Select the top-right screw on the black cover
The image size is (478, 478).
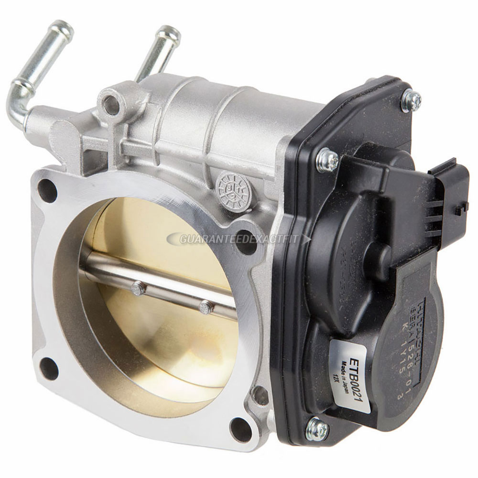pyautogui.click(x=411, y=100)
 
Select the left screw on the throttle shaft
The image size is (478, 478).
pyautogui.click(x=138, y=288)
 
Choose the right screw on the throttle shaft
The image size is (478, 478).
pyautogui.click(x=206, y=306)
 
